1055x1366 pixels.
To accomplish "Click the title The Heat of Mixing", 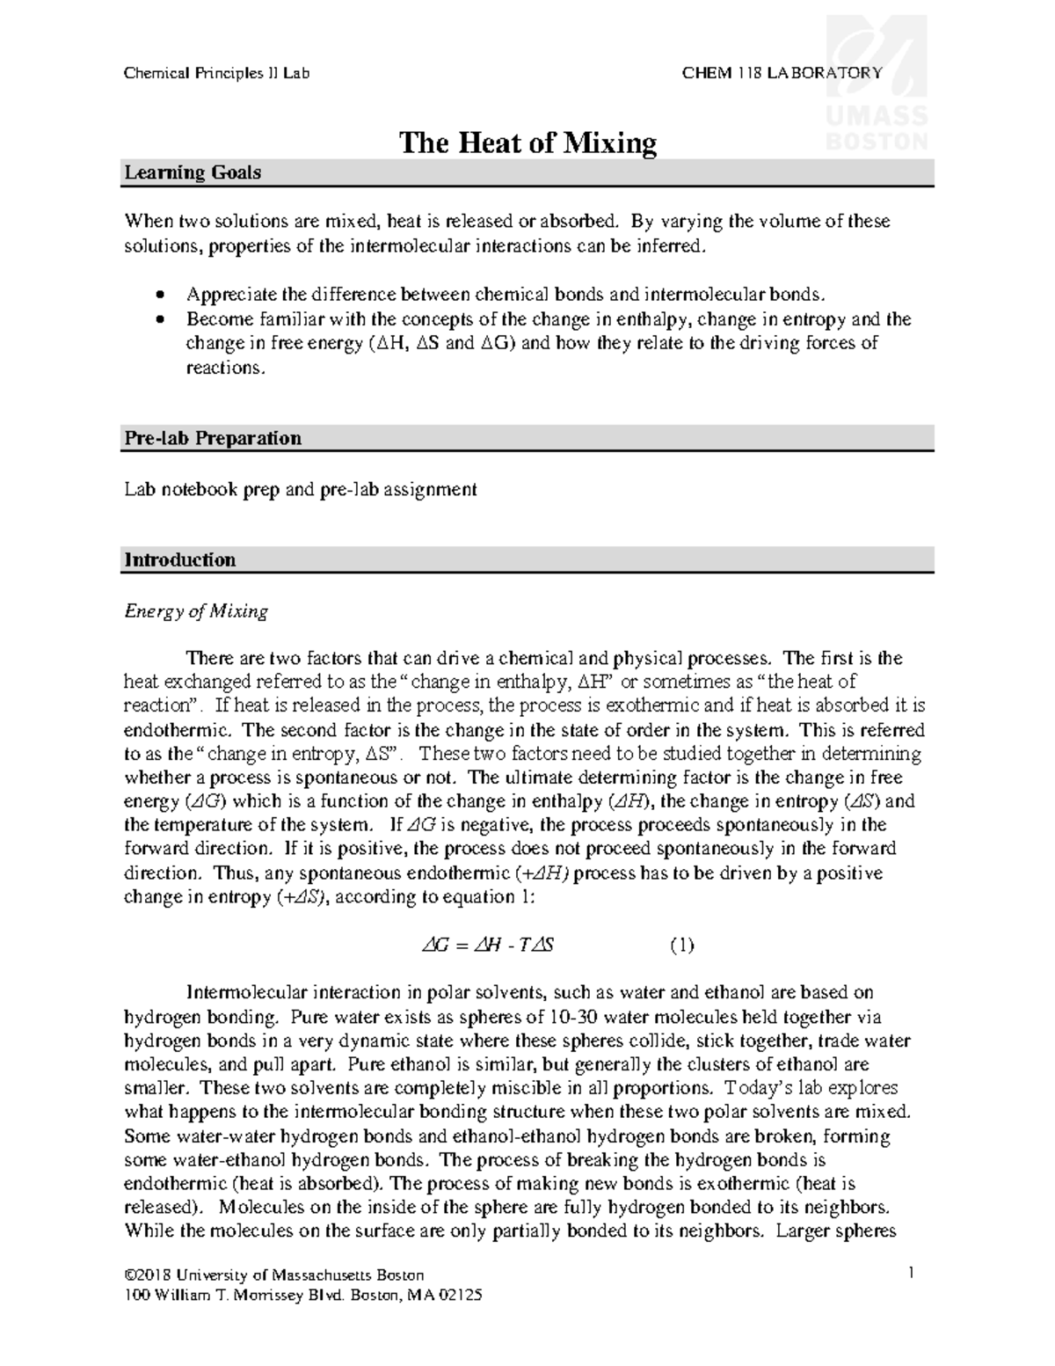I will (x=527, y=142).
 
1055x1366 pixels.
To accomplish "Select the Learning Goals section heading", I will (x=193, y=173).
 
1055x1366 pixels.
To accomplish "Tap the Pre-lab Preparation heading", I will (x=213, y=438).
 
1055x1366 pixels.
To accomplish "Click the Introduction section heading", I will (x=179, y=560).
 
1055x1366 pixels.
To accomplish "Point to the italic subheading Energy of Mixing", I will (x=195, y=610).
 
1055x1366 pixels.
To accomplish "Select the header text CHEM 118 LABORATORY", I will (x=782, y=73).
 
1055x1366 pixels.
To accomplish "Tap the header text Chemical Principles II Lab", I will (x=216, y=73).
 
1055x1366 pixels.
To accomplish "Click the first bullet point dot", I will (x=158, y=295).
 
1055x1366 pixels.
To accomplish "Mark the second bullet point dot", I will (x=158, y=319).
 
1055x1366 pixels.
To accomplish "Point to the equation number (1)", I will (x=681, y=946).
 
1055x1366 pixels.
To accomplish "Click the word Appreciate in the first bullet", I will (x=228, y=295).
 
